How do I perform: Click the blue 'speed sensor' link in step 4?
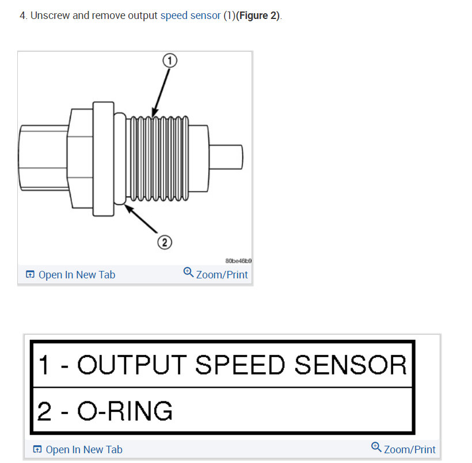191,16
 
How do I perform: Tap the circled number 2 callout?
165,242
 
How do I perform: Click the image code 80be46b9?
238,260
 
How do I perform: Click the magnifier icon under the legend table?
376,447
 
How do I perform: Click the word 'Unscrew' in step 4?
50,16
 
